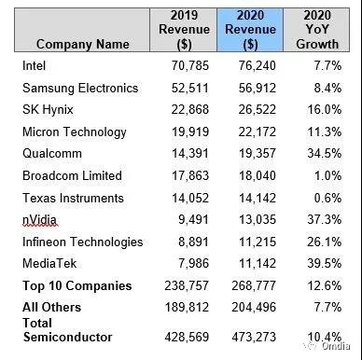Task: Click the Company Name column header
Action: pos(82,44)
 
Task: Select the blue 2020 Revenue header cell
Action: pos(250,30)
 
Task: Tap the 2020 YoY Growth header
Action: pos(317,30)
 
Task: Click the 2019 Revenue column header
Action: pos(184,30)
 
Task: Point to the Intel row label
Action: pos(34,65)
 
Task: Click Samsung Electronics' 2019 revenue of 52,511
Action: pos(190,88)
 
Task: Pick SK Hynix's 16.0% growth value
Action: pos(325,110)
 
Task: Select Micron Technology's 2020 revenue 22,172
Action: pos(258,132)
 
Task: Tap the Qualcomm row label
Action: pos(52,154)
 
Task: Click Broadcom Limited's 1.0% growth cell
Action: pos(327,175)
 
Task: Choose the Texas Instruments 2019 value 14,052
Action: pos(190,198)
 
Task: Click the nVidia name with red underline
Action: pos(39,220)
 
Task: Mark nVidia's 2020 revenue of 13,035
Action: pos(258,220)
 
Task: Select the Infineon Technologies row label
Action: pos(83,242)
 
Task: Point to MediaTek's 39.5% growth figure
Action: pos(325,264)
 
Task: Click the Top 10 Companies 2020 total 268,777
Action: pos(254,285)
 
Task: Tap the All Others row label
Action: pos(51,307)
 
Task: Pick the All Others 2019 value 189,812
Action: pos(187,308)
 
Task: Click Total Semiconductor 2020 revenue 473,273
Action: pos(254,337)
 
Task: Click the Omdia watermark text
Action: pos(336,346)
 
